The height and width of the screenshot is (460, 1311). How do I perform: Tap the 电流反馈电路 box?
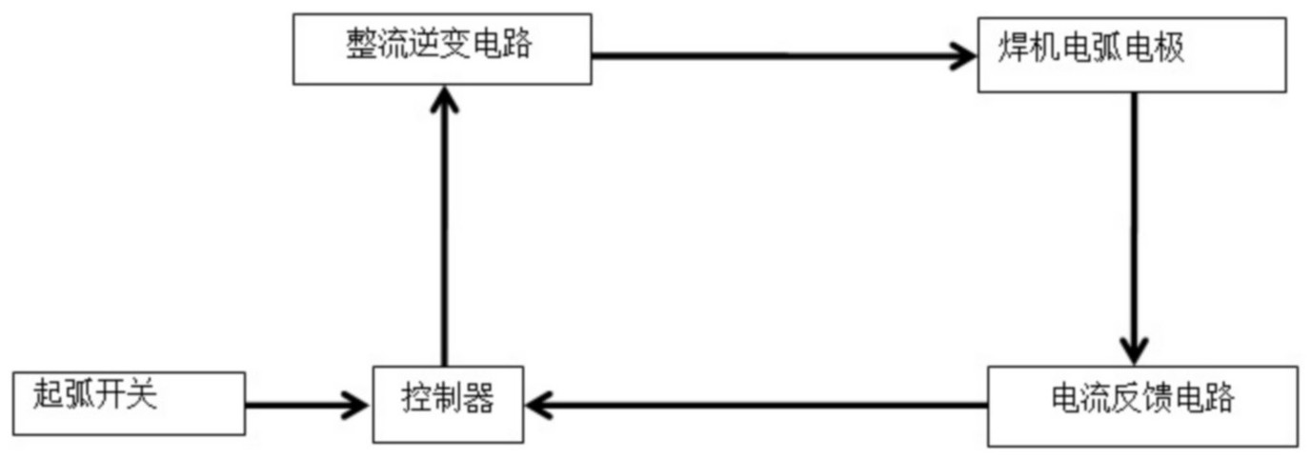point(1141,406)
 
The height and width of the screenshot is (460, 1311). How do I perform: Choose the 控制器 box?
point(447,405)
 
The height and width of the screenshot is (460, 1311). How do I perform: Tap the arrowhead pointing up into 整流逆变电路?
point(443,99)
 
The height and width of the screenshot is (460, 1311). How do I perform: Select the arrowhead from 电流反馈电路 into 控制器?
point(539,406)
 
